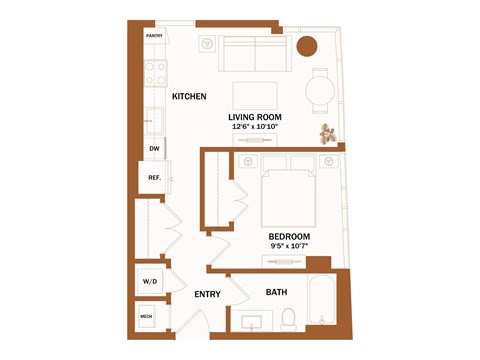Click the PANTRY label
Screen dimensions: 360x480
click(154, 36)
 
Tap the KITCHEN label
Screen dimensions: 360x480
click(189, 97)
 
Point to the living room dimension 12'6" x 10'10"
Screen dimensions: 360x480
click(255, 128)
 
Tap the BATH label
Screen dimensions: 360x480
click(277, 293)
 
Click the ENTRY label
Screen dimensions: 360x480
click(207, 294)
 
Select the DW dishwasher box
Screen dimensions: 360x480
click(154, 149)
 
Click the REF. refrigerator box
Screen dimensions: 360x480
click(155, 179)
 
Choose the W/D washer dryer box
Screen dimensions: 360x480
click(150, 282)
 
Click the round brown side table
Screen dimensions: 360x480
click(307, 45)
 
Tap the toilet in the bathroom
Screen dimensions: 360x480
click(289, 319)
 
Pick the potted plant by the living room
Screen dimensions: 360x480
click(327, 131)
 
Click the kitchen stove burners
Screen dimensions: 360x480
click(155, 71)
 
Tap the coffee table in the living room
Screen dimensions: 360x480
click(256, 95)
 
